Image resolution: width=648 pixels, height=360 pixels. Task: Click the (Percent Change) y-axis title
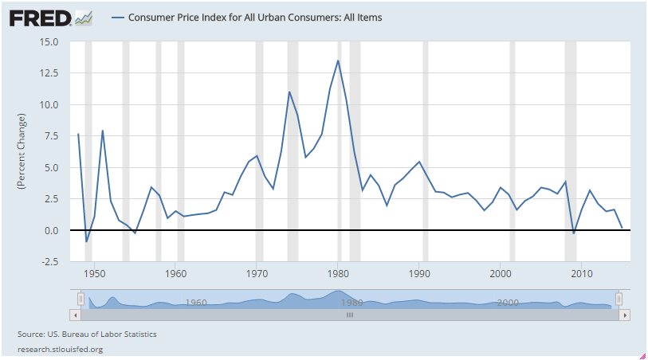tap(22, 151)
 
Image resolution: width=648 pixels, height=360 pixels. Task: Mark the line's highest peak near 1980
tap(338, 61)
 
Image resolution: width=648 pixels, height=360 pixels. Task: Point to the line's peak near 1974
tap(289, 92)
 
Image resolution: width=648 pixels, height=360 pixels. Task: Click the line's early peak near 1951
tap(103, 130)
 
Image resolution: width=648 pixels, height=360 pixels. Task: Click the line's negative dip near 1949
tap(86, 241)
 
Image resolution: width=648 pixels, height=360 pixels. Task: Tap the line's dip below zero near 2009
tap(574, 233)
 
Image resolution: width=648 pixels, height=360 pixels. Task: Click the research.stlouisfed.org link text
tap(60, 349)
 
